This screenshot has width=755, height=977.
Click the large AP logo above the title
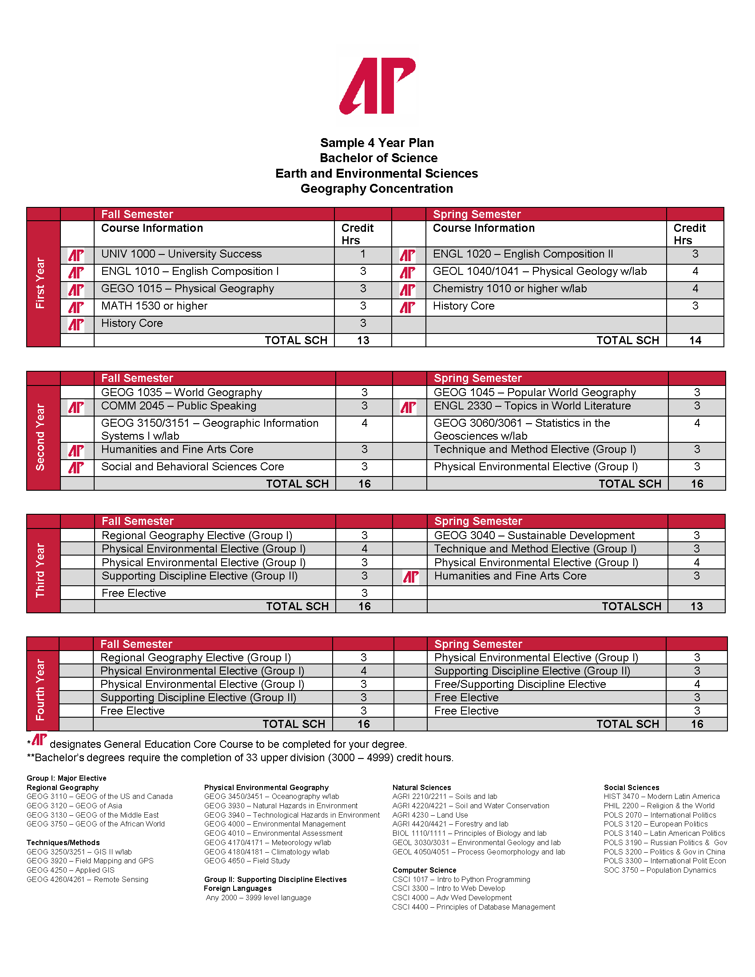(x=377, y=85)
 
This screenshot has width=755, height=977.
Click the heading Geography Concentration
(x=377, y=189)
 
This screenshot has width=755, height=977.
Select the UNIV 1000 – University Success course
(x=181, y=254)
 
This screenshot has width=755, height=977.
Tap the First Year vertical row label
(x=40, y=283)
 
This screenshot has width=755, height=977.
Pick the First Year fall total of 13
(x=363, y=341)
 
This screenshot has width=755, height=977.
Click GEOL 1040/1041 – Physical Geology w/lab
(x=540, y=271)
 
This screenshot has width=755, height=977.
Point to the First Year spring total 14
(x=695, y=341)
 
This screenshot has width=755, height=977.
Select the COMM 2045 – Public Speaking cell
(x=179, y=406)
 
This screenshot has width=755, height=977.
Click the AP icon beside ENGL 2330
(x=408, y=407)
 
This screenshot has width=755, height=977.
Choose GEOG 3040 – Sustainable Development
(x=534, y=536)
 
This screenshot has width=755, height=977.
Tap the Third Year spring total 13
(x=696, y=607)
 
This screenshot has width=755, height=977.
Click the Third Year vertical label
(x=40, y=570)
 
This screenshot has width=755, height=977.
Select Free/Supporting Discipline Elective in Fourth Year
(x=520, y=684)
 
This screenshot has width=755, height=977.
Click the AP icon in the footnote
(x=40, y=739)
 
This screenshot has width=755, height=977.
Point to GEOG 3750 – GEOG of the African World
(x=95, y=824)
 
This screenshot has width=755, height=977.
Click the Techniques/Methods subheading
(x=63, y=843)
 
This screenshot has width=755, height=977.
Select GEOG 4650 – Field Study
(x=247, y=861)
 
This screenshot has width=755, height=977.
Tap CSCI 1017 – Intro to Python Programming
(x=461, y=879)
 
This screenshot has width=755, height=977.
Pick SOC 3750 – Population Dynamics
(x=660, y=870)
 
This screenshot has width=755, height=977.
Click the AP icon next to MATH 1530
(x=76, y=307)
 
